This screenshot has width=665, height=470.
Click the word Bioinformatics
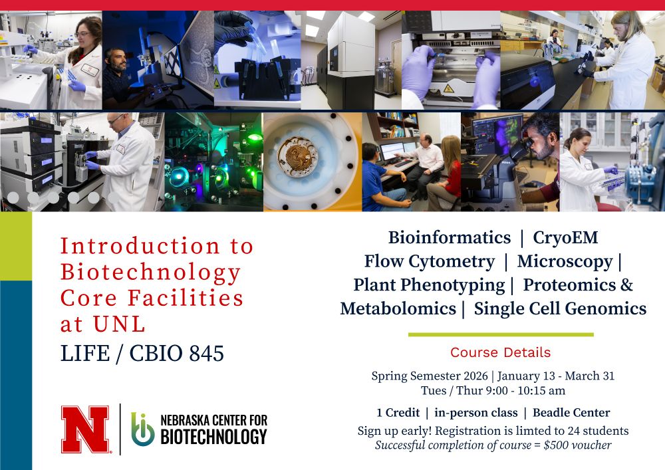point(450,238)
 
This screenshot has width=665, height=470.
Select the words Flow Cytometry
point(429,261)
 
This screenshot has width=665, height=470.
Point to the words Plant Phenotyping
point(429,285)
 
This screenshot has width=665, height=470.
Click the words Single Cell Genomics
point(560,308)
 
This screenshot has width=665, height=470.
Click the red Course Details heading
point(500,352)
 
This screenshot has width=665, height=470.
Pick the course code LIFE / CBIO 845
point(142,354)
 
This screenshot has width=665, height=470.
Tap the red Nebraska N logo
point(85,429)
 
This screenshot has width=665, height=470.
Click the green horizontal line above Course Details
point(500,334)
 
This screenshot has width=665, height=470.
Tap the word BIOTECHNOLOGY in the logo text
point(213,437)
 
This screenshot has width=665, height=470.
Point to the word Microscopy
point(565,261)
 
